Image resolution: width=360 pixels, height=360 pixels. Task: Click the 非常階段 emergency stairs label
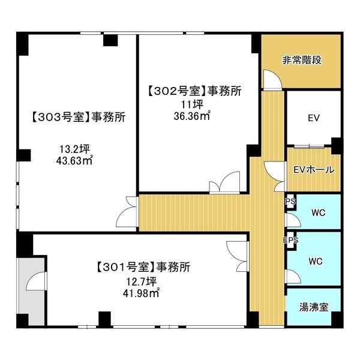(x=302, y=61)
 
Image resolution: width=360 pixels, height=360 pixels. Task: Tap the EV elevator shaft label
(x=314, y=118)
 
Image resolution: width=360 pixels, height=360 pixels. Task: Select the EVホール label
(x=314, y=170)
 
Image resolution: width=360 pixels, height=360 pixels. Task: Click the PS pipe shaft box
(x=290, y=202)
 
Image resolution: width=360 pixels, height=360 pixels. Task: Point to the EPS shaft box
(x=290, y=240)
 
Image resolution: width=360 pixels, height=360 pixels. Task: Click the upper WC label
(x=319, y=213)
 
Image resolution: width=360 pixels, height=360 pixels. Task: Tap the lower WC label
(x=316, y=261)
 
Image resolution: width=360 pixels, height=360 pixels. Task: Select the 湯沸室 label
(x=314, y=307)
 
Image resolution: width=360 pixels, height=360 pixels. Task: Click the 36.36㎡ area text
(x=192, y=116)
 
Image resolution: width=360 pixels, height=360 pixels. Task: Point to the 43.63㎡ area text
(x=74, y=160)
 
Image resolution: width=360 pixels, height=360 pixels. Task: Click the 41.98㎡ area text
(x=141, y=293)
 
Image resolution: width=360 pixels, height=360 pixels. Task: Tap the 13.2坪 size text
(x=74, y=149)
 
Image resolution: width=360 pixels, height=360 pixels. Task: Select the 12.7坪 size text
(x=142, y=282)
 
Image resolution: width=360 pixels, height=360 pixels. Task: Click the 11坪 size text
(x=193, y=104)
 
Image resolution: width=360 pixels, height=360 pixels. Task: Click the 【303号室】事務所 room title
(x=78, y=117)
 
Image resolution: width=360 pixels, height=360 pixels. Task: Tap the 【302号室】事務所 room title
(x=194, y=91)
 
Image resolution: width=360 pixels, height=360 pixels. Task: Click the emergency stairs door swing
(x=272, y=79)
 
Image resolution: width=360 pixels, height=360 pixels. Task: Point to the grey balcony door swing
(x=36, y=281)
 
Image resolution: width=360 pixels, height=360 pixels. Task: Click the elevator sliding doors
(x=309, y=146)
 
